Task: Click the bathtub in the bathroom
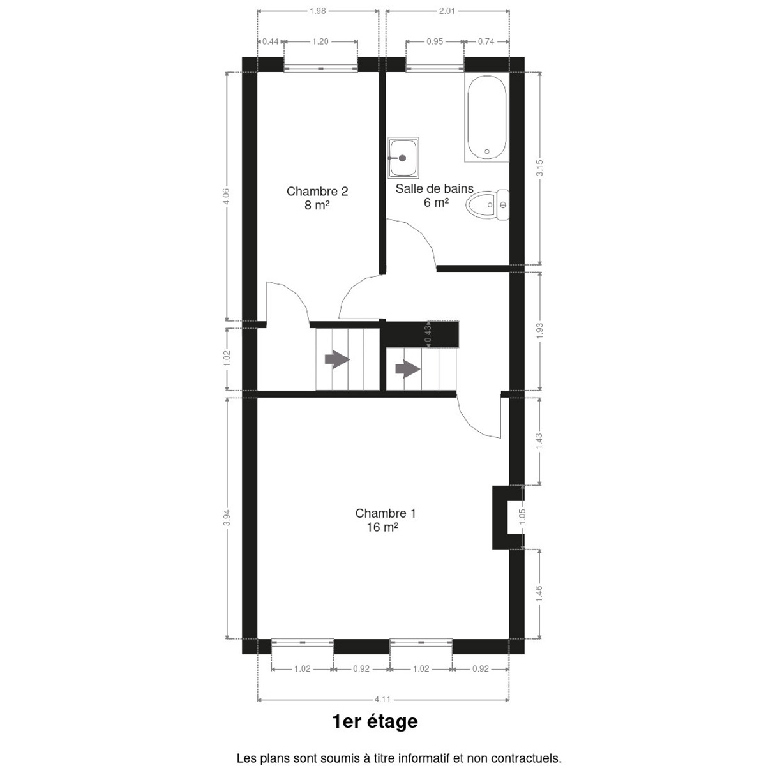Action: click(x=486, y=117)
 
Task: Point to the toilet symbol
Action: click(x=487, y=205)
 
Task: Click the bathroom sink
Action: click(x=403, y=158)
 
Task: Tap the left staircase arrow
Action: click(x=337, y=360)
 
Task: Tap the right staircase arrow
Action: click(x=407, y=370)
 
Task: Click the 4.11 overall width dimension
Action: click(x=382, y=699)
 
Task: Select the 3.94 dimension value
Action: click(x=227, y=518)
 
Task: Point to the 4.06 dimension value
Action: click(x=226, y=197)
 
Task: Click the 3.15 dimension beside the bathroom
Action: click(x=539, y=168)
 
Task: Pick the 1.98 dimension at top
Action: click(x=318, y=11)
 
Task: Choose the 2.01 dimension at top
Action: click(x=447, y=11)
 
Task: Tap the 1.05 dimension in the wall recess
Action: click(x=522, y=517)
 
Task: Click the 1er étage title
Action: click(x=375, y=721)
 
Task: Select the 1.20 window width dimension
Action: click(x=320, y=41)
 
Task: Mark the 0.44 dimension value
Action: click(x=270, y=41)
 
